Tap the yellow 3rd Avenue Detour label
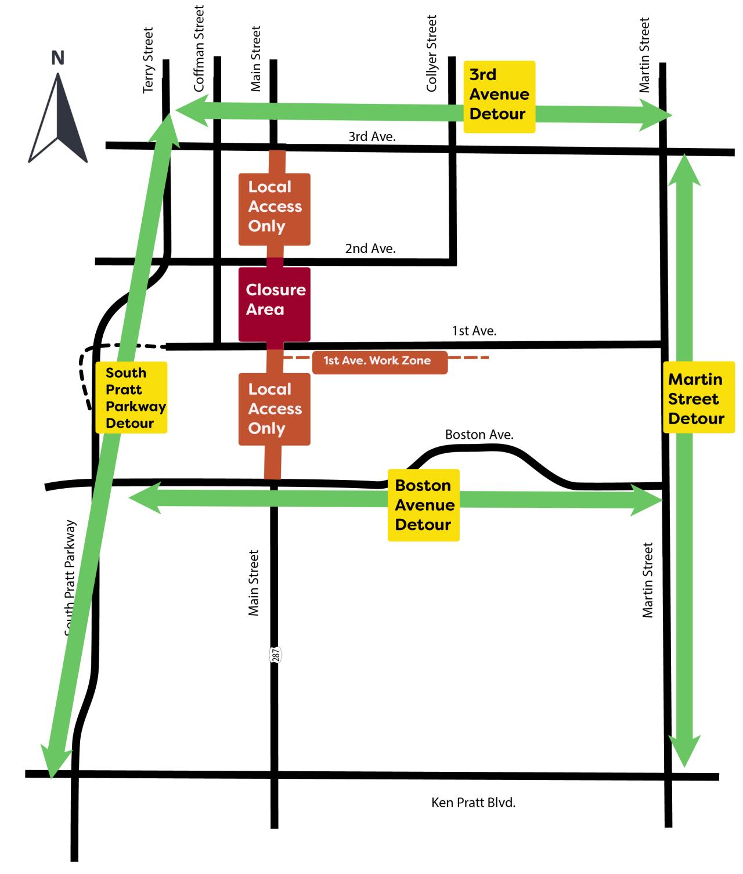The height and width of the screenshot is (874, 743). [x=499, y=95]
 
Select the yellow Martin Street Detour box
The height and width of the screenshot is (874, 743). [x=698, y=398]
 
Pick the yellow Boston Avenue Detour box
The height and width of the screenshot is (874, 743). [x=424, y=505]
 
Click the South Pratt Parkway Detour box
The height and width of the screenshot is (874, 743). [x=132, y=398]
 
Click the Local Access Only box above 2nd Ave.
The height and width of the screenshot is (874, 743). [x=275, y=208]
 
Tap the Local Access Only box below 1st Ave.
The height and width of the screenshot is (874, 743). [x=275, y=409]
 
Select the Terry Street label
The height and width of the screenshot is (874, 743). [x=149, y=60]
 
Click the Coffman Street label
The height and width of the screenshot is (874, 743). [x=199, y=49]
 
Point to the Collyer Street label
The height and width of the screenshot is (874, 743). [x=431, y=53]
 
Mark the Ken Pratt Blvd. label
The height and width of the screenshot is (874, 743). [x=473, y=803]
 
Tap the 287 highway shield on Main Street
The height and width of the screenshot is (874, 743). [x=276, y=655]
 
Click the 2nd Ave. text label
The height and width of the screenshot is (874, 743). [x=370, y=248]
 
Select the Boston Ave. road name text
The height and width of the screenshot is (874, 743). [x=479, y=434]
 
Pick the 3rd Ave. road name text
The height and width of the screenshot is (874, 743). [x=371, y=136]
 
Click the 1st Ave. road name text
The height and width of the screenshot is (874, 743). [x=474, y=331]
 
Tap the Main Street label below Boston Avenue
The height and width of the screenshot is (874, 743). [x=254, y=583]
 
